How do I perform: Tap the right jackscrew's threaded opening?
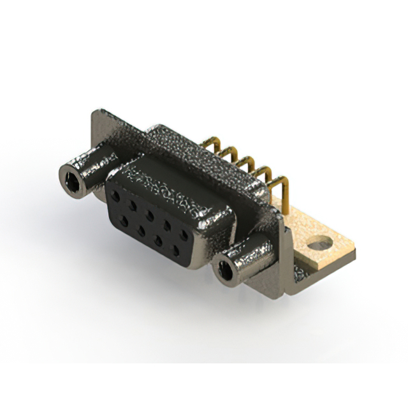224,270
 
